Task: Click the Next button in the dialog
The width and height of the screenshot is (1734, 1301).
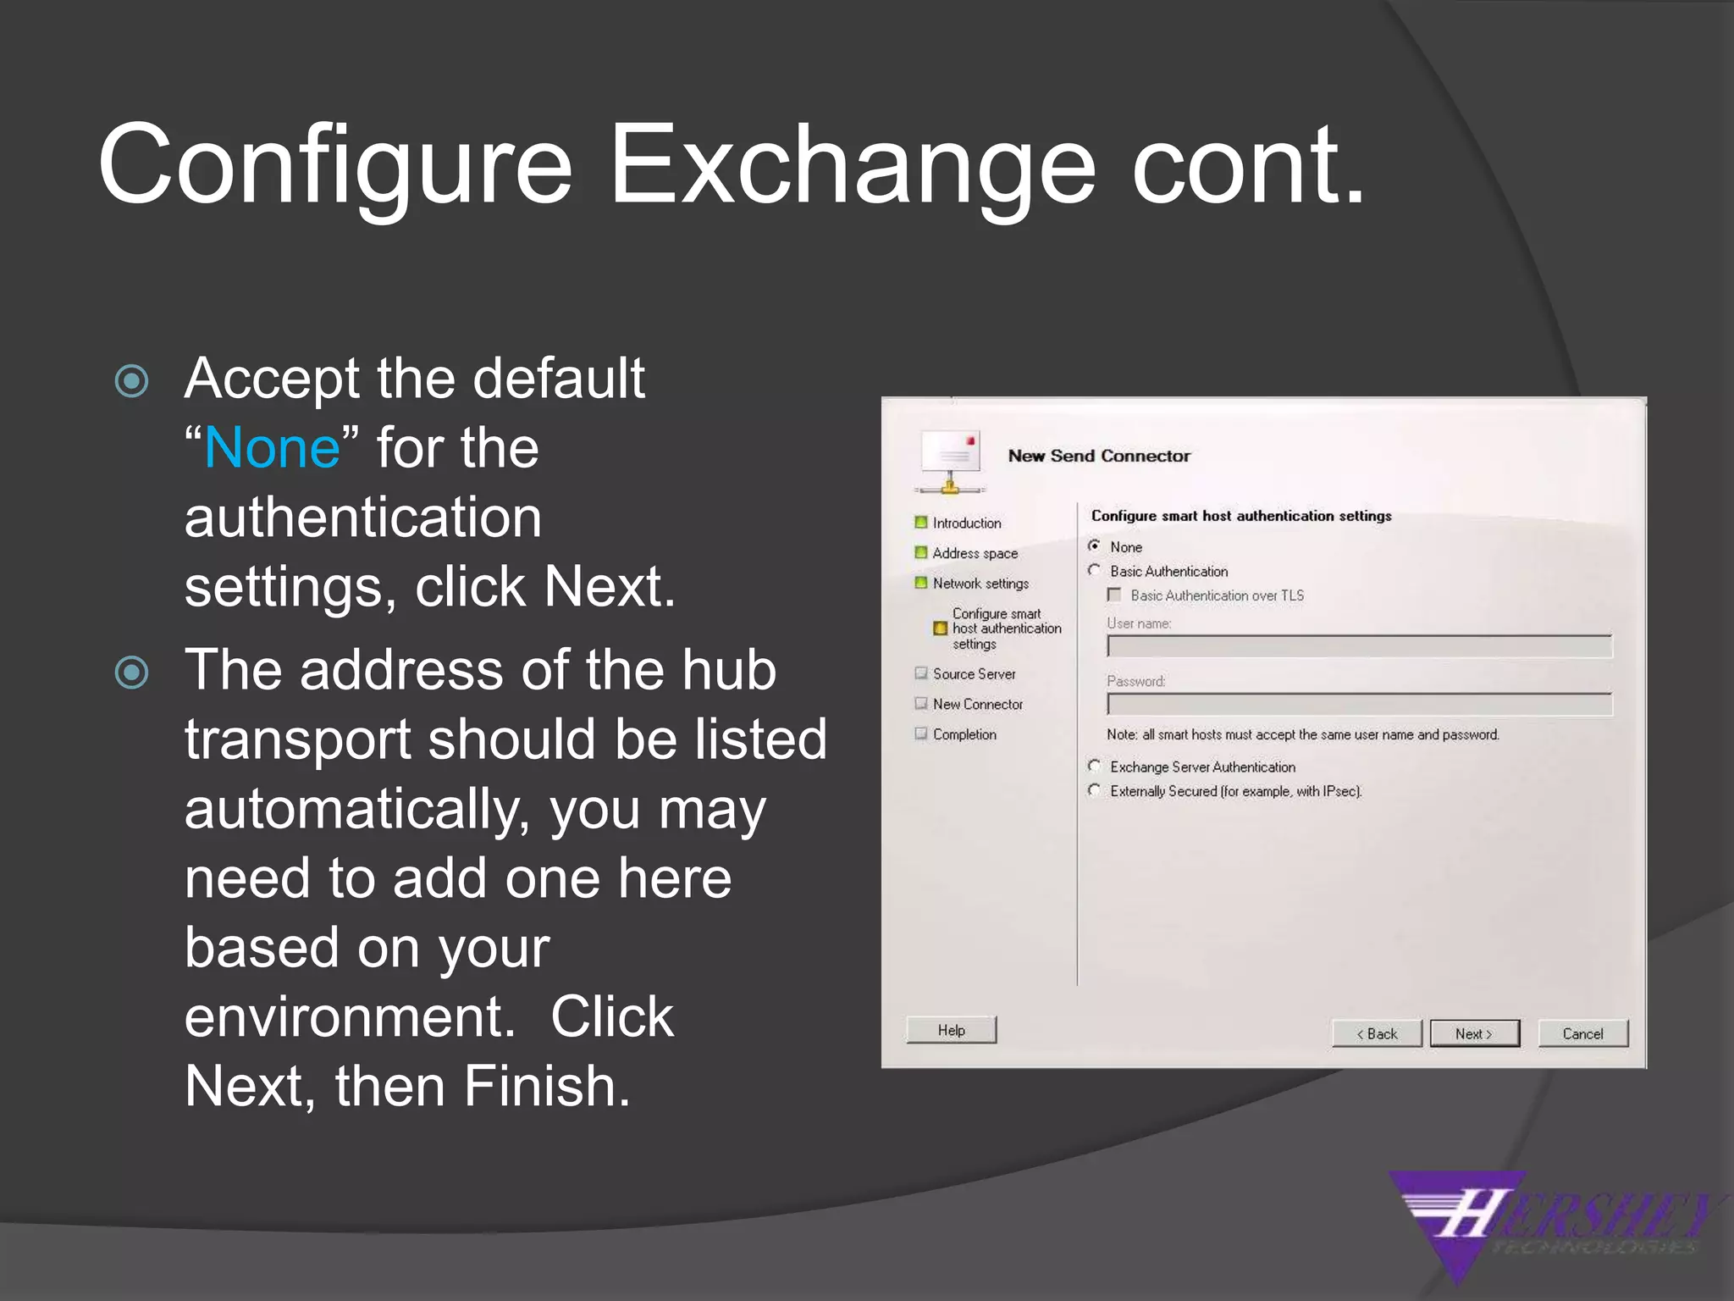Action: pos(1474,1033)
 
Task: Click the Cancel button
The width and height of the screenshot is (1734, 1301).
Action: pos(1582,1033)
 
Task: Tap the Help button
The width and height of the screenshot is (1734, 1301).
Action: pos(951,1030)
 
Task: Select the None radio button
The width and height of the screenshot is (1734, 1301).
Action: pos(1095,546)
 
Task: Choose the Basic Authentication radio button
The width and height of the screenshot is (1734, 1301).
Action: pos(1095,571)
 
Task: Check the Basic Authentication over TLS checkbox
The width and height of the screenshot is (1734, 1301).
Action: pos(1114,595)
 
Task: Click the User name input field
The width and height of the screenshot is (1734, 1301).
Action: pos(1359,647)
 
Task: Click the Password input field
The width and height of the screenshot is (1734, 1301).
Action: pos(1359,705)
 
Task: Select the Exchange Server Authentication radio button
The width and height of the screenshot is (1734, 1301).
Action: pos(1095,767)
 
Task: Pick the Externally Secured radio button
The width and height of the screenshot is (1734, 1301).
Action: pos(1095,790)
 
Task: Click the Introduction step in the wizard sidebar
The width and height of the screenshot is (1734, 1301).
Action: pos(966,523)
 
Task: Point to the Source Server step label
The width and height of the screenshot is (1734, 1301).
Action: pos(974,674)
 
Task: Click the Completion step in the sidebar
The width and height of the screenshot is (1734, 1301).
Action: pos(964,734)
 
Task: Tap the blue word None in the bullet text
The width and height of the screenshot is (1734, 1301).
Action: pos(272,447)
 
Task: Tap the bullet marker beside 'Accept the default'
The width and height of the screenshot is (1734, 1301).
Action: pos(132,381)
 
